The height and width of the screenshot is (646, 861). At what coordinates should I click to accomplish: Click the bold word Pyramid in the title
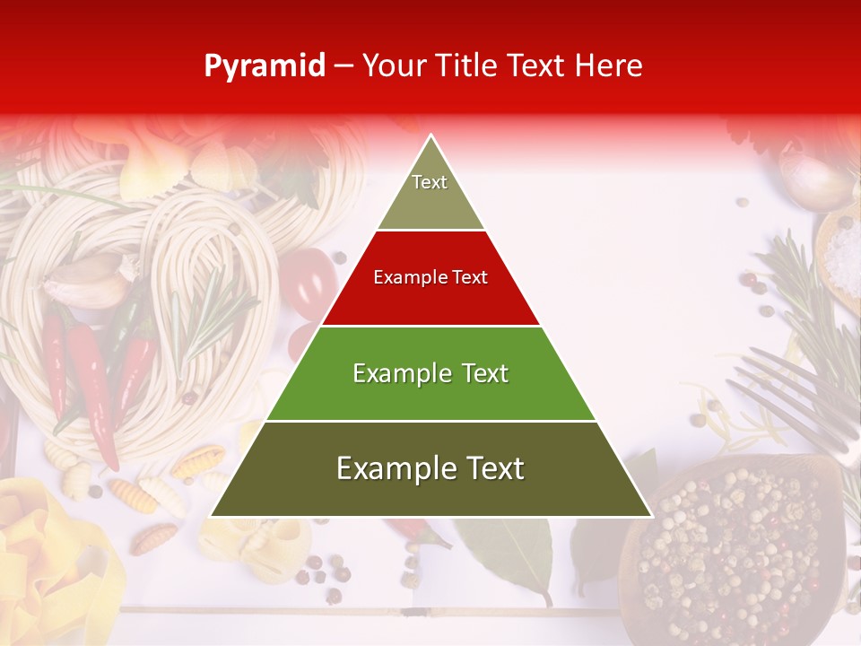pyautogui.click(x=265, y=65)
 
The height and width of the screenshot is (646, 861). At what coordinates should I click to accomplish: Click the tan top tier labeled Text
pyautogui.click(x=430, y=193)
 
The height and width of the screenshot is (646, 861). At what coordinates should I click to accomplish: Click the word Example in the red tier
pyautogui.click(x=402, y=277)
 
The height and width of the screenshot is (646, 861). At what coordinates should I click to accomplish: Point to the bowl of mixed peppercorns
pyautogui.click(x=735, y=547)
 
